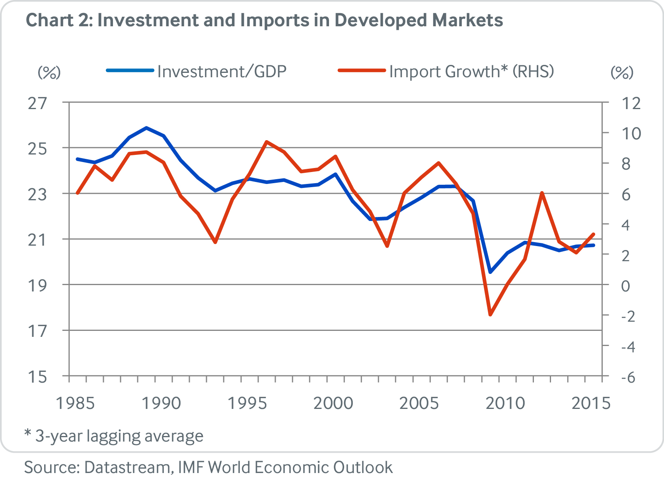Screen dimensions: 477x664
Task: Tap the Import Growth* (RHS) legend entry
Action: point(471,72)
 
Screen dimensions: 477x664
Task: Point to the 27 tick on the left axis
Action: point(37,103)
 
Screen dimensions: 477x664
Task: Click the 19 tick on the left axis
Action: point(37,285)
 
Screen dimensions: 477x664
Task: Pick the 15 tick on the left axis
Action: point(37,376)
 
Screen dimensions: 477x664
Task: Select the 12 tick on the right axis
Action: point(631,103)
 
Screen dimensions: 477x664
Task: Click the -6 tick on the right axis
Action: point(629,377)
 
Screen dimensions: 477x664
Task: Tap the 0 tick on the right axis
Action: point(625,285)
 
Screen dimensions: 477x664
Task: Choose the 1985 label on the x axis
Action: point(75,403)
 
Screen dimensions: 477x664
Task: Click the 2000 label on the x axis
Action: point(333,403)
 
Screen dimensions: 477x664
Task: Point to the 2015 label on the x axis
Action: point(591,403)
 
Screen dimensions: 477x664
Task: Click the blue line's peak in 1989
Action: point(147,128)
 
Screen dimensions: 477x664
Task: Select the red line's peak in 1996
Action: point(267,142)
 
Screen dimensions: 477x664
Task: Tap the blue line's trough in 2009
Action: point(490,272)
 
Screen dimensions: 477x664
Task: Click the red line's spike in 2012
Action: point(542,193)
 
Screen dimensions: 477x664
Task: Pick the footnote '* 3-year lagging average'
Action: point(114,436)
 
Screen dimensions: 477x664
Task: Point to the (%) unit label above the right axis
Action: point(622,72)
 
